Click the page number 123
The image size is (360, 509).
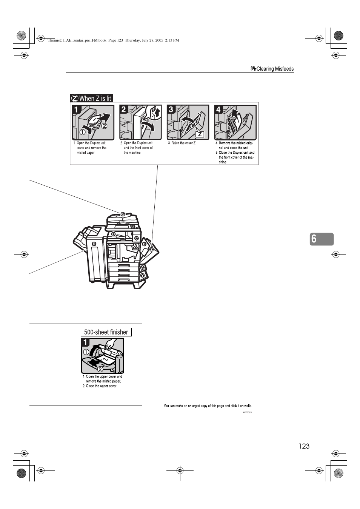[x=304, y=446]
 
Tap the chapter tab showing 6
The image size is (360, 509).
[x=321, y=239]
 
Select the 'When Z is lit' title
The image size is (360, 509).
[x=92, y=98]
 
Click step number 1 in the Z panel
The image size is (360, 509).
[x=76, y=110]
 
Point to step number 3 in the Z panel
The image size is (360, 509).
[x=171, y=110]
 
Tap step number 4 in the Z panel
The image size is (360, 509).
[x=218, y=110]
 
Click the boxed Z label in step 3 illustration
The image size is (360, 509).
[x=200, y=134]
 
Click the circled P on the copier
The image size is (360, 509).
[x=122, y=214]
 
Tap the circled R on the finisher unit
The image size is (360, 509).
[x=94, y=244]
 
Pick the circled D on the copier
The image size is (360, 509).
[x=113, y=234]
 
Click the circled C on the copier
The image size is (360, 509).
[x=137, y=238]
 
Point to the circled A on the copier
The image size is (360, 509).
[x=142, y=268]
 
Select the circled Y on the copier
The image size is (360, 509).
[x=142, y=275]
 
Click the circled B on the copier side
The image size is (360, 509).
[x=144, y=244]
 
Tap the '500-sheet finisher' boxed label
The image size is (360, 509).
[x=106, y=332]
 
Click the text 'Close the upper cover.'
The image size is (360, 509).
[x=101, y=386]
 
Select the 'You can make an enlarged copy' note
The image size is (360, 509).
[x=208, y=406]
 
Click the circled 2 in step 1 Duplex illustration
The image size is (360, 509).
[x=104, y=126]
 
